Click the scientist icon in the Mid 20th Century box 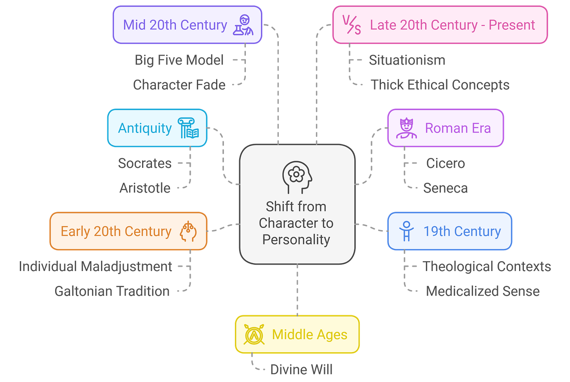(x=243, y=25)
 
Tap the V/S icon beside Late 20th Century (x=352, y=25)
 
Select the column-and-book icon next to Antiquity (x=188, y=128)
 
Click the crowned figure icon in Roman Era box (x=406, y=128)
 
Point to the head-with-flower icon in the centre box (x=297, y=177)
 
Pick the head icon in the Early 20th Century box (x=188, y=231)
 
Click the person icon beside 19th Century (x=406, y=231)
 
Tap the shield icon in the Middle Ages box (x=254, y=334)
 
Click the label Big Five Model (x=179, y=60)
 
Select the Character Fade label (x=179, y=85)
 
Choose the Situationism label (x=407, y=60)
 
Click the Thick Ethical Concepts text (x=440, y=85)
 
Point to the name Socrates (x=145, y=163)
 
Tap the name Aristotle (x=145, y=188)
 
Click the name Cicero (x=446, y=163)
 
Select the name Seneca (x=446, y=188)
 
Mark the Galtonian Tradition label (x=112, y=291)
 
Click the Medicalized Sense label (x=483, y=291)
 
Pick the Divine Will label (x=301, y=369)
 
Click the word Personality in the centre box (x=296, y=240)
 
